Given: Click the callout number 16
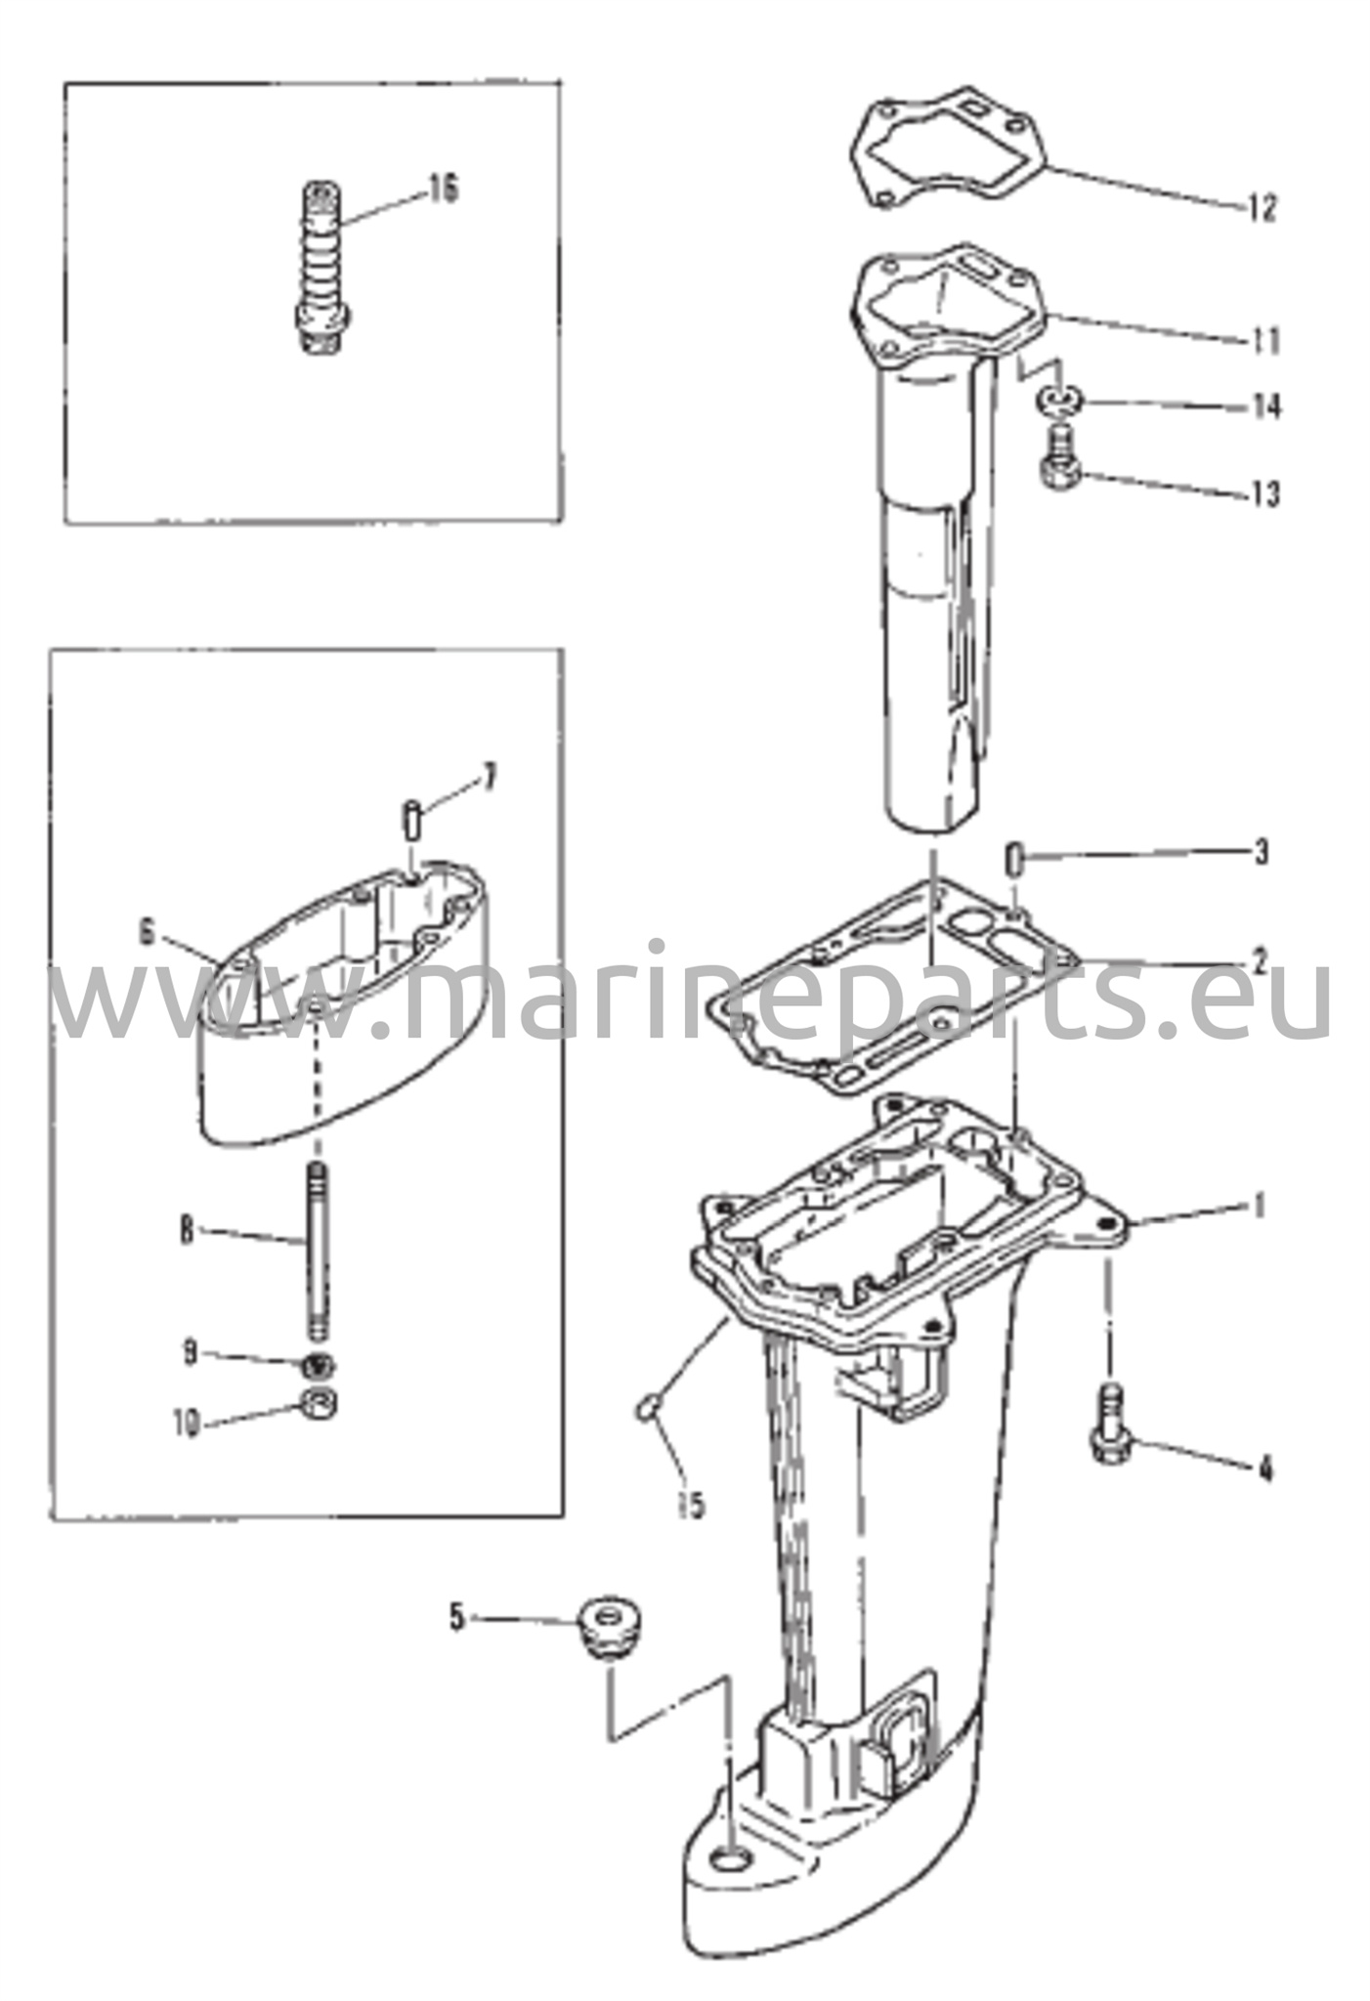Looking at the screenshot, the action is click(443, 190).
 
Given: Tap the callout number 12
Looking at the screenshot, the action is click(1263, 208).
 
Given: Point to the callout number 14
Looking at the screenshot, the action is click(1266, 406).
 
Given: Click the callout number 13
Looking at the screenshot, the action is click(1264, 494).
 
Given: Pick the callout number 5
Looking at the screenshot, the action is click(456, 1618).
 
